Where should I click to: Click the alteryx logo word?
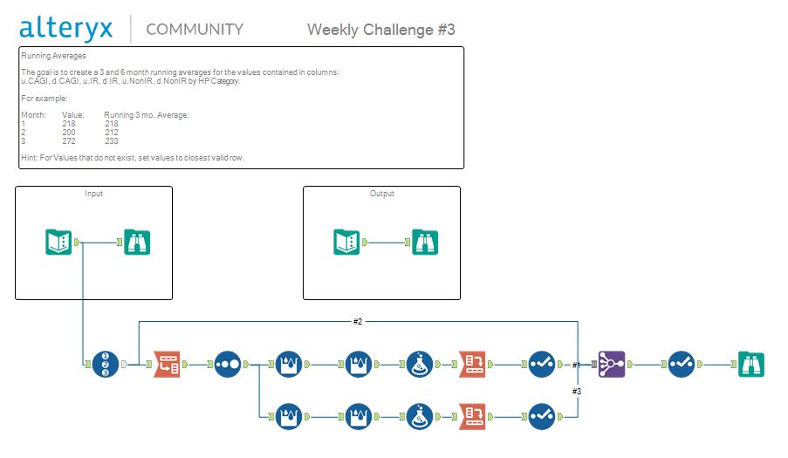tap(66, 28)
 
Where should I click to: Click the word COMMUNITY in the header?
tap(195, 29)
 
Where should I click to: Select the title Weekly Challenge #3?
tap(380, 30)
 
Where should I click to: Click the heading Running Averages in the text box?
tap(53, 56)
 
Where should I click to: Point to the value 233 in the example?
tap(112, 140)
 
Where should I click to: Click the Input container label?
tap(93, 194)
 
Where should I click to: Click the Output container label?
tap(381, 194)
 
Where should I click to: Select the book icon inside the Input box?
tap(58, 242)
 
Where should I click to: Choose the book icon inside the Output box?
tap(346, 242)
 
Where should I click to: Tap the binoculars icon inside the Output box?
tap(425, 242)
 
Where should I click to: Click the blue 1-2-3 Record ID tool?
tap(106, 364)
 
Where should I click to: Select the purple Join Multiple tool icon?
tap(612, 364)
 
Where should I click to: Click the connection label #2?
tap(358, 321)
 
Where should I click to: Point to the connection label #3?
tap(577, 391)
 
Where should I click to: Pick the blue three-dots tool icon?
tap(227, 364)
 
